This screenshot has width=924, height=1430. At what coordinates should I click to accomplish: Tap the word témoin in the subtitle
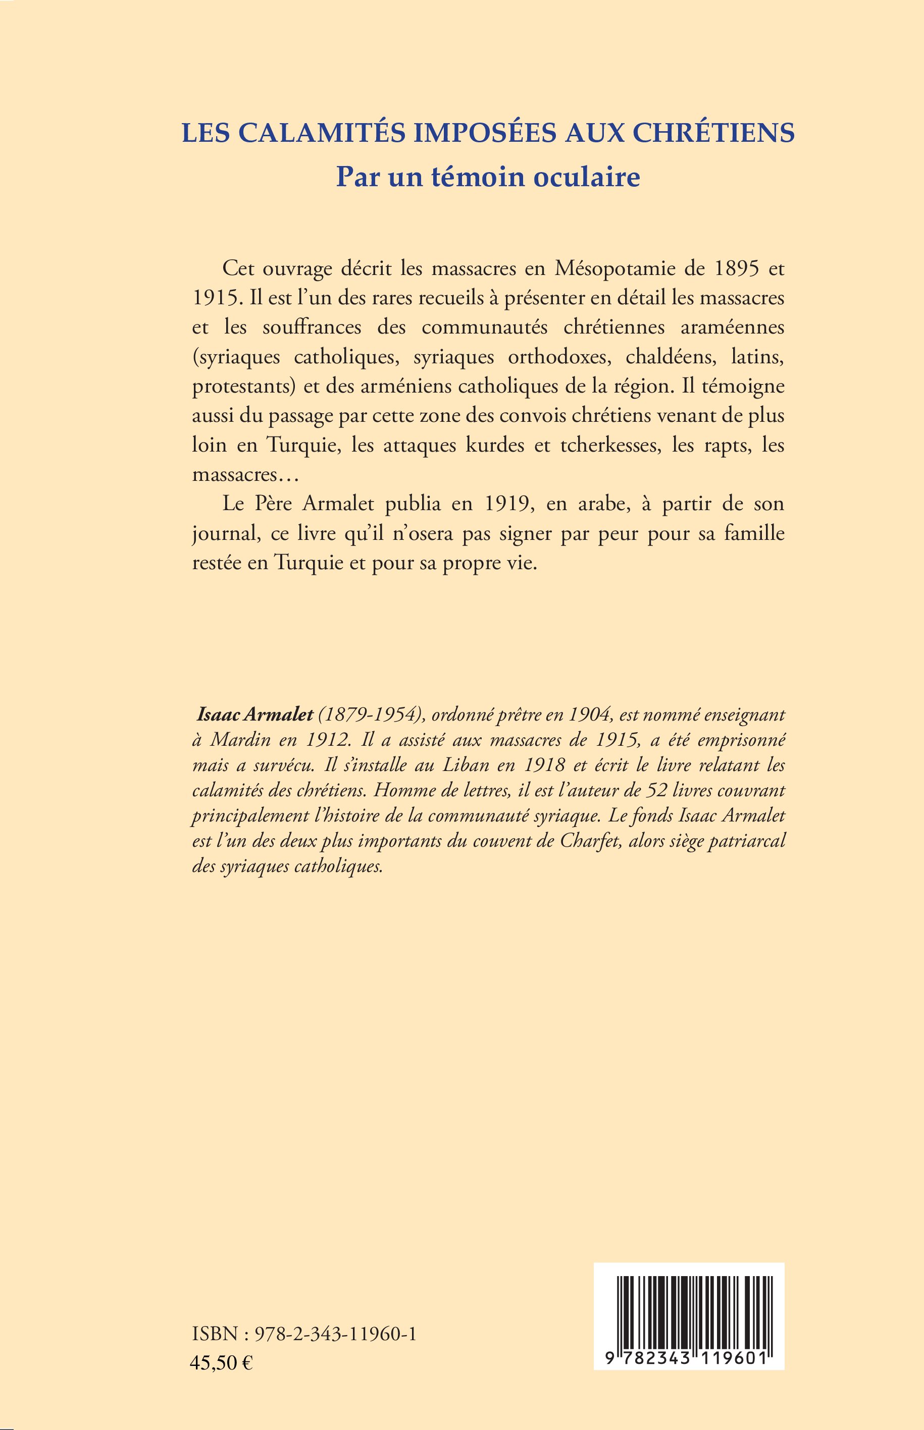point(475,177)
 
